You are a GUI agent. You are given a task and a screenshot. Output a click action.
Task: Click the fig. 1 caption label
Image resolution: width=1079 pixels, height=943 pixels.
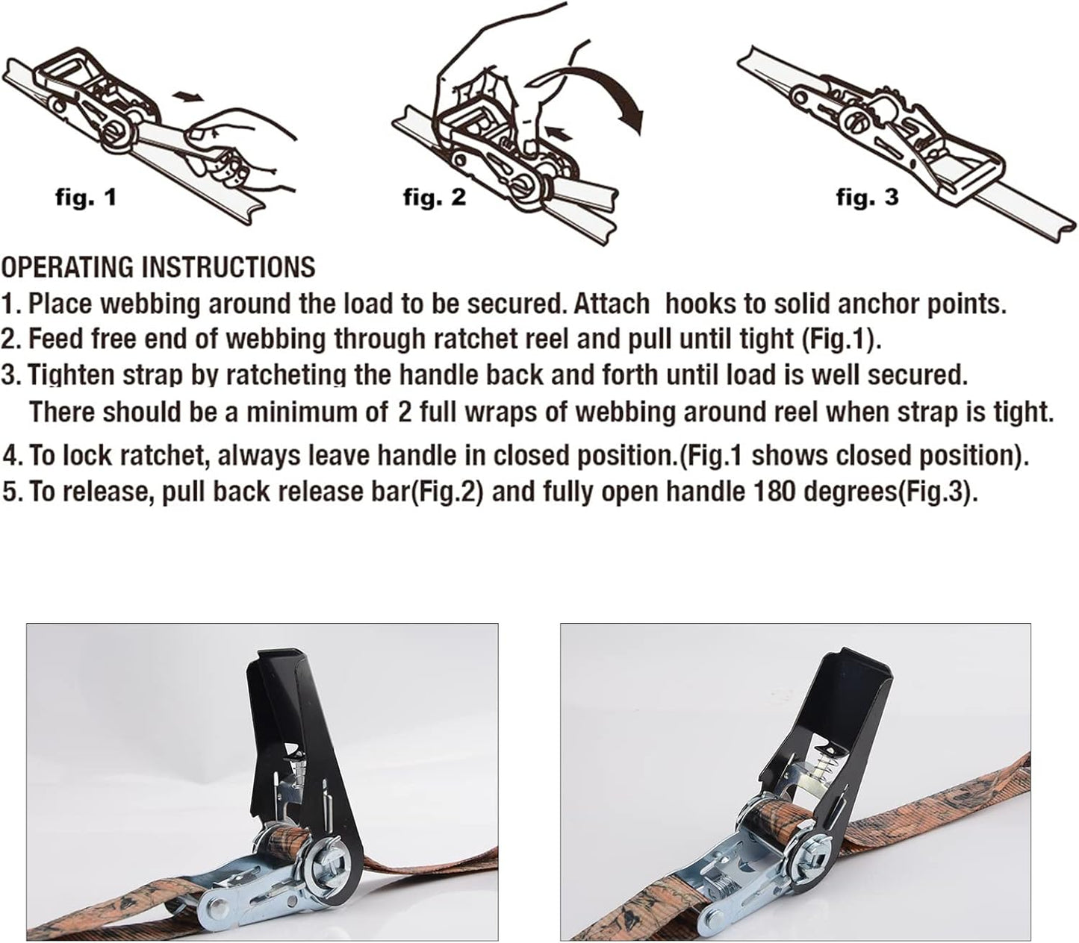click(86, 198)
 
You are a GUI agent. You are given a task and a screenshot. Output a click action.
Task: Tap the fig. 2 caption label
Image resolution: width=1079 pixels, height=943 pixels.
click(434, 198)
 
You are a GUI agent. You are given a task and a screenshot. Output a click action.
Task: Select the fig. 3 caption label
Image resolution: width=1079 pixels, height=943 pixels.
click(867, 198)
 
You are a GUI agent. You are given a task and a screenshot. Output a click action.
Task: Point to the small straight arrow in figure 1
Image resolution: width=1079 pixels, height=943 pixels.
click(186, 96)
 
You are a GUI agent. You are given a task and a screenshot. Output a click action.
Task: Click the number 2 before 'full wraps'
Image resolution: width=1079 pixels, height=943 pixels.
click(405, 412)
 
